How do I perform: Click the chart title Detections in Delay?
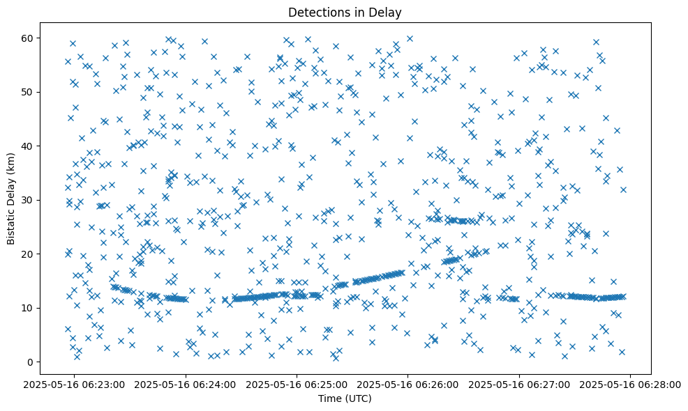(x=345, y=12)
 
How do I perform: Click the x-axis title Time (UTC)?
(x=345, y=399)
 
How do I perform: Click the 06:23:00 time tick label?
(x=75, y=385)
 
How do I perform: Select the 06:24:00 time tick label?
(x=186, y=385)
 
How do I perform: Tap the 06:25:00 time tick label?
(x=297, y=385)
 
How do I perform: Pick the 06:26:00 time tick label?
(x=408, y=385)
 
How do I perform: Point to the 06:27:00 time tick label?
(x=520, y=385)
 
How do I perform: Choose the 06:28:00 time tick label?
(x=631, y=385)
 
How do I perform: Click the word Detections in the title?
(x=316, y=12)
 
